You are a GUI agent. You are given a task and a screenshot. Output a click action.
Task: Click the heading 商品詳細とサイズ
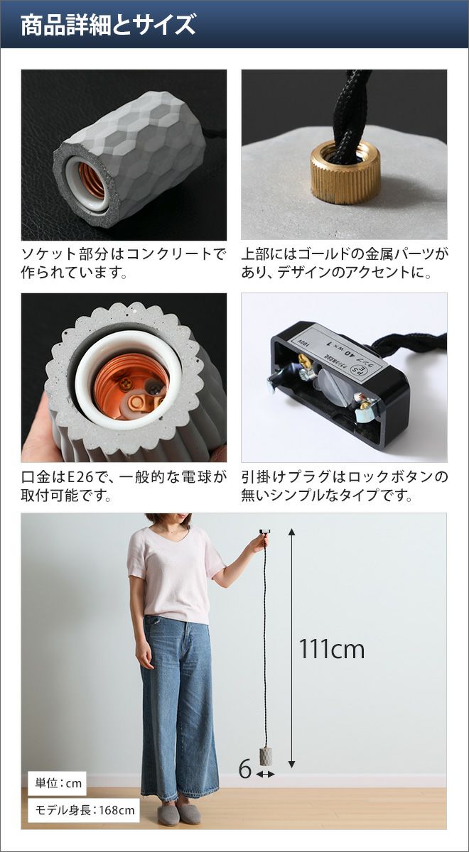(x=108, y=25)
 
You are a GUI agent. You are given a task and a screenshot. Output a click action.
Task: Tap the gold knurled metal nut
(x=345, y=171)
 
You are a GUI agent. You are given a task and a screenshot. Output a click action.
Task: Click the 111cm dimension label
(x=332, y=648)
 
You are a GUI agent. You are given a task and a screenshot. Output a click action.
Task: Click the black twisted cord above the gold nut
(x=348, y=111)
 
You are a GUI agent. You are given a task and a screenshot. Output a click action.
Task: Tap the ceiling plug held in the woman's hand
(x=264, y=531)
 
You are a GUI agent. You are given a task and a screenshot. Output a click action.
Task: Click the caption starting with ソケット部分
(x=124, y=263)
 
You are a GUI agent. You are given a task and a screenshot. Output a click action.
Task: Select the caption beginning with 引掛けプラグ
(x=345, y=486)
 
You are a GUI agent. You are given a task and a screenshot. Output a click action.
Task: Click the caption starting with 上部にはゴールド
(x=345, y=263)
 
